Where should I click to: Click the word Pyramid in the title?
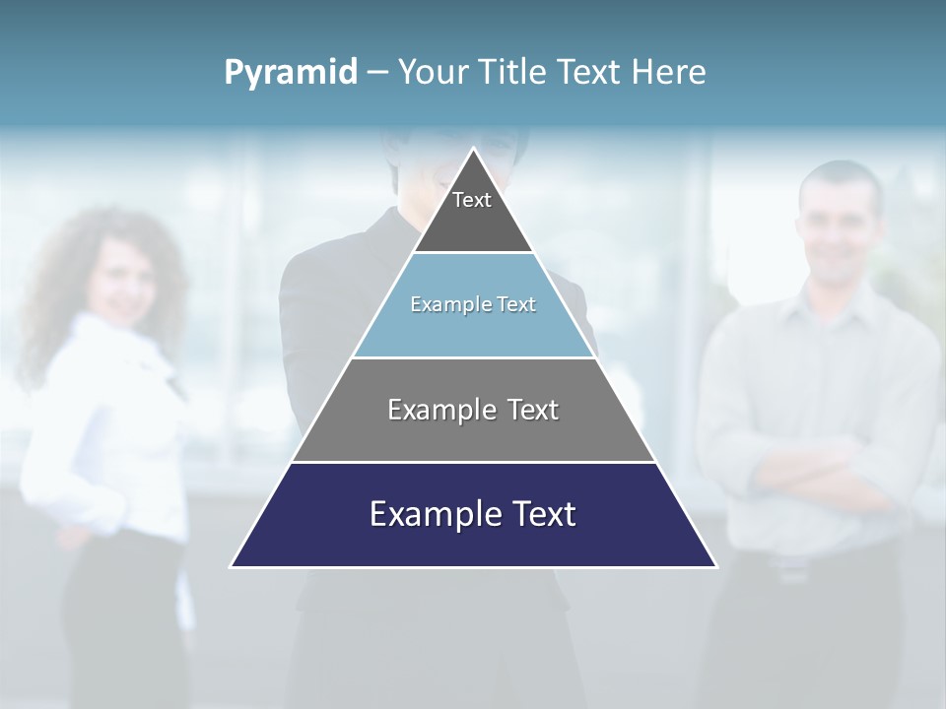pos(291,73)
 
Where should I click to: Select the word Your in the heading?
pos(435,73)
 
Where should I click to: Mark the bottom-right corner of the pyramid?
pos(715,566)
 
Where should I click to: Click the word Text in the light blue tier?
pos(516,304)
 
